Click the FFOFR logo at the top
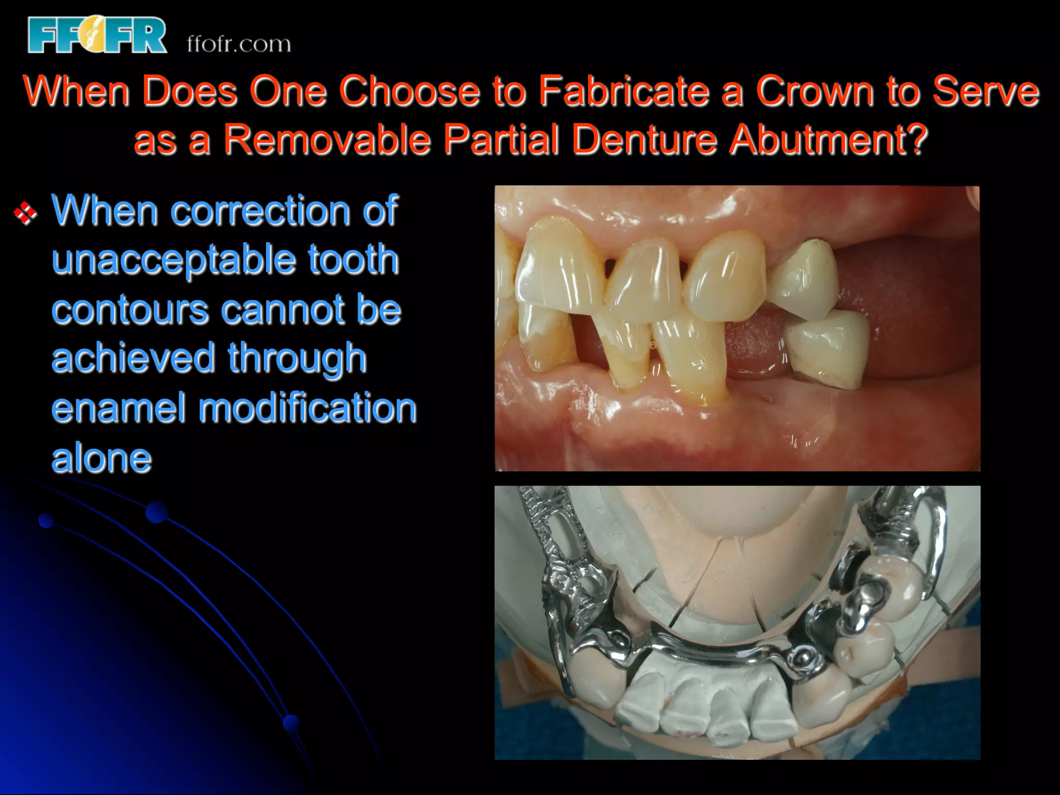[x=97, y=35]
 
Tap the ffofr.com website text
[x=239, y=44]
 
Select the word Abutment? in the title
[x=828, y=139]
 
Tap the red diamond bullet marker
[x=25, y=213]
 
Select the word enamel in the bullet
[x=119, y=408]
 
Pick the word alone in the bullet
[x=101, y=458]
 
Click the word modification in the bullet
[x=307, y=408]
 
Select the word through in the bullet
[x=297, y=358]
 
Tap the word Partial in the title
[x=501, y=139]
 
